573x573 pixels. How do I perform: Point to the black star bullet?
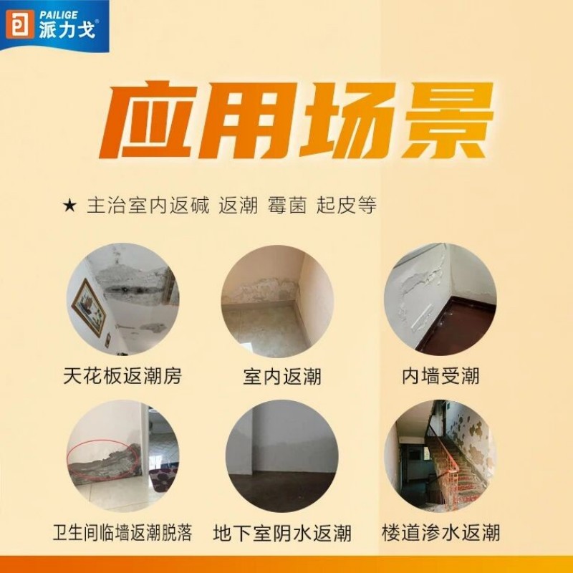click(x=69, y=206)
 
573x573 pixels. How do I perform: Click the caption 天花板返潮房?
click(x=122, y=375)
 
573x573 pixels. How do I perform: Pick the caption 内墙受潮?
click(x=440, y=375)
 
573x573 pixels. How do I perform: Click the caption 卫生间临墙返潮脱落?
click(x=122, y=534)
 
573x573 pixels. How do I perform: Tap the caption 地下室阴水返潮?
click(x=282, y=534)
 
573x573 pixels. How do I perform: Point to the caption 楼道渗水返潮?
click(x=440, y=534)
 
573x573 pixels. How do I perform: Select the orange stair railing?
click(x=448, y=458)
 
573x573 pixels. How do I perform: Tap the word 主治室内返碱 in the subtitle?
click(x=148, y=206)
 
